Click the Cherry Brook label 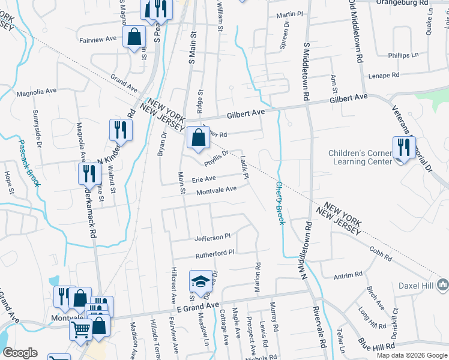pos(280,204)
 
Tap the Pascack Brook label pos(28,163)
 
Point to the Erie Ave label pos(203,179)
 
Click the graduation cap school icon pos(199,281)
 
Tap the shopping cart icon pos(80,328)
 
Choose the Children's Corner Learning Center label pos(358,157)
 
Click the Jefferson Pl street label pos(212,238)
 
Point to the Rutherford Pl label pos(214,254)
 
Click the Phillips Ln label pos(403,55)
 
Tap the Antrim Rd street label pos(348,274)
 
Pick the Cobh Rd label pos(381,254)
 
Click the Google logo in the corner pos(20,353)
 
